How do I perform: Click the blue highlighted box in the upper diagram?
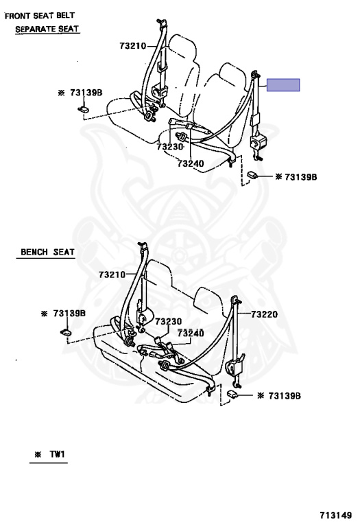coord(283,85)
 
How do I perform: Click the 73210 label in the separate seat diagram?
coord(132,46)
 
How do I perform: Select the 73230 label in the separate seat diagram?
coord(170,147)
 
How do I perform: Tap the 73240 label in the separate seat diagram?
coord(191,164)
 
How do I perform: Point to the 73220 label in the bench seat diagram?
coord(265,314)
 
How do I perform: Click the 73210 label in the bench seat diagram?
coord(112,274)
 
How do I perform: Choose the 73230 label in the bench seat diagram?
coord(168,321)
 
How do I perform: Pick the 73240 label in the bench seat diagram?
coord(191,333)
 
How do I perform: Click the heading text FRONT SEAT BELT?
coord(40,16)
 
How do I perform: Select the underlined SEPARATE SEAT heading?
coord(47,30)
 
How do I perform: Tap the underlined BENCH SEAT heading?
coord(47,252)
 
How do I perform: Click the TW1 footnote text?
coord(57,454)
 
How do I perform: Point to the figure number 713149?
coord(335,515)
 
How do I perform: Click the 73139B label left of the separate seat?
coord(86,93)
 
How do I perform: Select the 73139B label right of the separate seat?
coord(300,177)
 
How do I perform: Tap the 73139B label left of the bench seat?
coord(69,314)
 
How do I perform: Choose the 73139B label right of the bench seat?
coord(285,396)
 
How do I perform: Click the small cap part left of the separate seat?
coord(84,109)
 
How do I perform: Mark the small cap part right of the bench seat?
coord(232,394)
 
